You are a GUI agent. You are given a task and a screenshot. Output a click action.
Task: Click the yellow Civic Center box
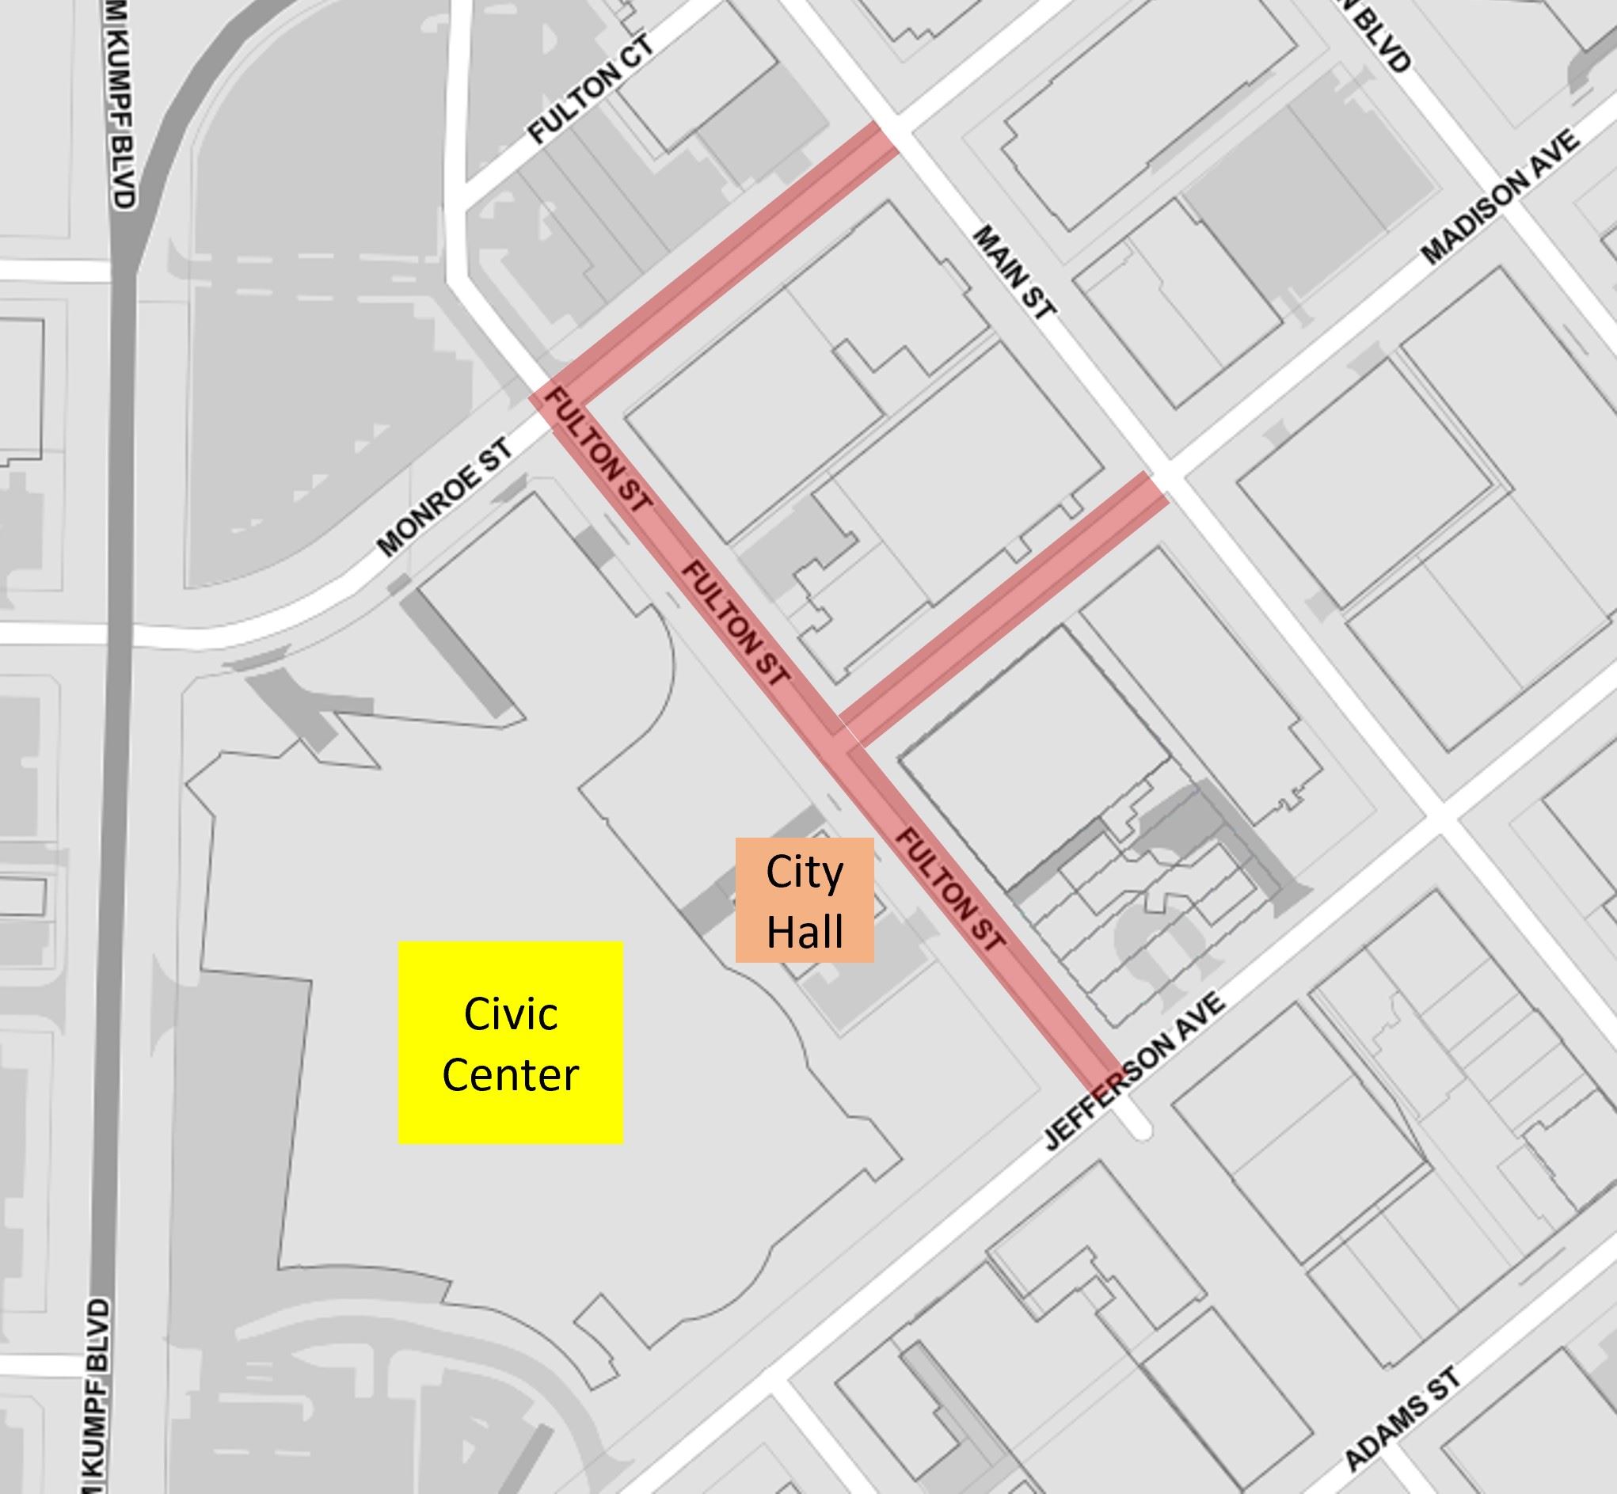pyautogui.click(x=510, y=1042)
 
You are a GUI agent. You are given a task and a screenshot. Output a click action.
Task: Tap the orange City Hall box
pyautogui.click(x=805, y=899)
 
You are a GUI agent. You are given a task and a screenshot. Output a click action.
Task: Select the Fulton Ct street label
pyautogui.click(x=590, y=91)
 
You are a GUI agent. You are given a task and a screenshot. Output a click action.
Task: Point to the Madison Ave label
pyautogui.click(x=1500, y=198)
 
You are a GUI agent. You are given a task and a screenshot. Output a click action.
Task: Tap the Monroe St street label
pyautogui.click(x=444, y=498)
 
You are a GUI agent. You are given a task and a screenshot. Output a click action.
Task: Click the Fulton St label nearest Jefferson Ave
pyautogui.click(x=951, y=888)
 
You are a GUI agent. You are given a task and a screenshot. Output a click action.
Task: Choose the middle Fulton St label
pyautogui.click(x=734, y=622)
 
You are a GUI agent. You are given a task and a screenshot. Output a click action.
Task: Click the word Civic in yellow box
pyautogui.click(x=510, y=1013)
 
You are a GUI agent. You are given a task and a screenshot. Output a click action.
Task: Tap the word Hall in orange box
pyautogui.click(x=805, y=930)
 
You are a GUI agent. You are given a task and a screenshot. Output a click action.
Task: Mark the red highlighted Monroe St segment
pyautogui.click(x=728, y=263)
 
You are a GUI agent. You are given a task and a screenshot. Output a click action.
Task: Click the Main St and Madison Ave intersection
pyautogui.click(x=1168, y=473)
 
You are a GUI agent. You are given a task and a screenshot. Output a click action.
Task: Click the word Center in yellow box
pyautogui.click(x=510, y=1074)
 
